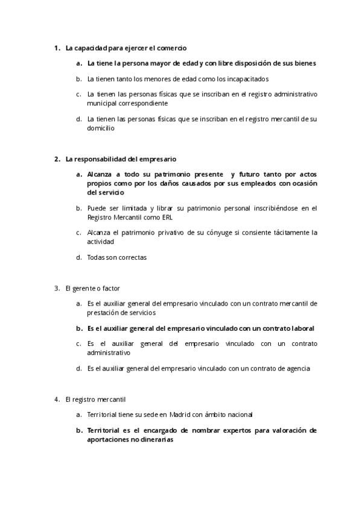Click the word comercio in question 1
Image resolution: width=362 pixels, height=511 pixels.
[x=172, y=48]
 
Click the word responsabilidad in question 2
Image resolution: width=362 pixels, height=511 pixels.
[x=99, y=159]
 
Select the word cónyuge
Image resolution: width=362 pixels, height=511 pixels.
[x=208, y=232]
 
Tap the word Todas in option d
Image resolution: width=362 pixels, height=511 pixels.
[x=96, y=257]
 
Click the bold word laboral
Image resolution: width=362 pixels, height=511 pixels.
[x=300, y=328]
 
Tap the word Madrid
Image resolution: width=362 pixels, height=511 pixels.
[x=180, y=415]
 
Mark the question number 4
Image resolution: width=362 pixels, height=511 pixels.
[x=56, y=399]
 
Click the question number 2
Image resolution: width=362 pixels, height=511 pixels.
[x=56, y=159]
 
